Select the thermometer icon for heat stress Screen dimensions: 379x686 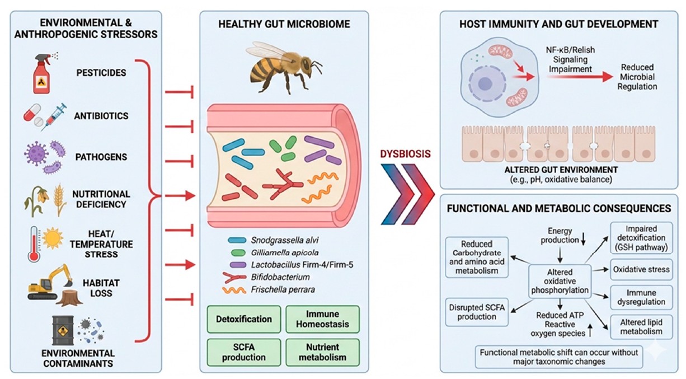point(34,245)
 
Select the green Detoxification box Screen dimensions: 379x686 point(244,320)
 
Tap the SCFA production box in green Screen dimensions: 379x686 point(244,351)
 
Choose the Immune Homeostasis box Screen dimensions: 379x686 point(322,320)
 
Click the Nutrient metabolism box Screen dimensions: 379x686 point(322,351)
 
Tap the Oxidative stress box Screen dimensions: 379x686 point(641,270)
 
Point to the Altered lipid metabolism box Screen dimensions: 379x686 point(641,327)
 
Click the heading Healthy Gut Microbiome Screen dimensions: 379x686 point(284,24)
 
